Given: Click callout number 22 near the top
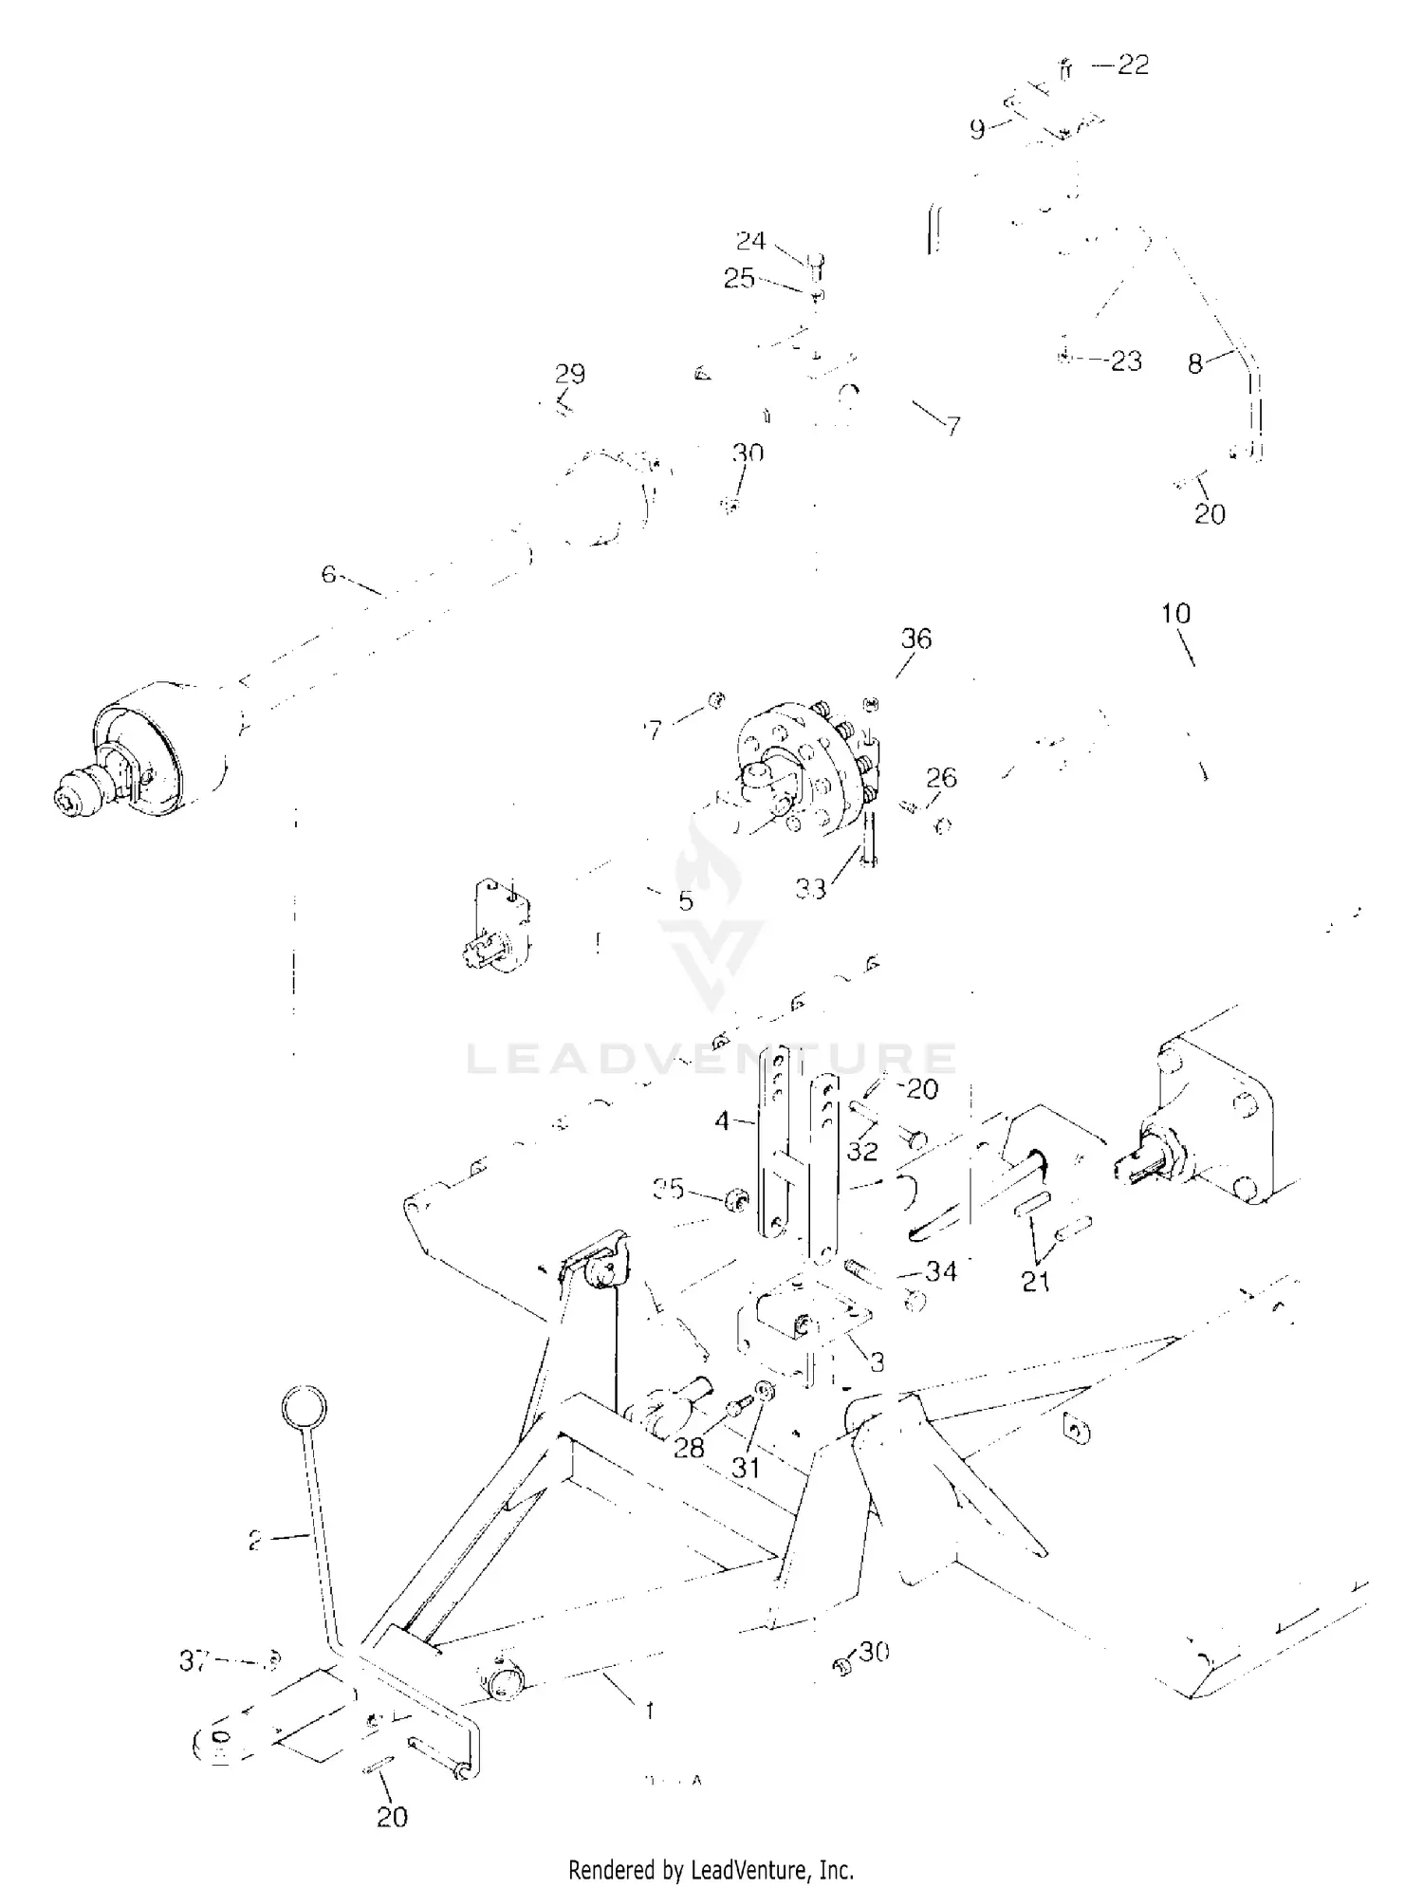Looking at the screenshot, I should pos(1133,65).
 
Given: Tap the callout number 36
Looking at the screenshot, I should pos(915,639).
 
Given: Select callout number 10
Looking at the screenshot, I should pos(1175,614).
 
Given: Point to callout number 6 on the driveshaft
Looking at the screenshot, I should pos(328,574).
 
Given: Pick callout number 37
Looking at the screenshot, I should pos(194,1660).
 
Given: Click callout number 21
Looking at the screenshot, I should pos(1035,1282).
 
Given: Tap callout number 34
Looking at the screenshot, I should pos(940,1270).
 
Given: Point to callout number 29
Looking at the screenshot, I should pos(570,373).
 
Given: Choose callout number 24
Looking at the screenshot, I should pos(750,240).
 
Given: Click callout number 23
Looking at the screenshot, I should pos(1126,361).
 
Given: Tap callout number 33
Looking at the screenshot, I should pos(811,889).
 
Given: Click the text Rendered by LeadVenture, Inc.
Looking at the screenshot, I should pos(711,1842).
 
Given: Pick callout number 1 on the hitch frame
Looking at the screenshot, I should pos(649,1711).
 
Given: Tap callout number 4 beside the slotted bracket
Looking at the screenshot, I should pos(723,1121).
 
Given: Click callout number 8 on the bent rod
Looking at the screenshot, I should pos(1195,363).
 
